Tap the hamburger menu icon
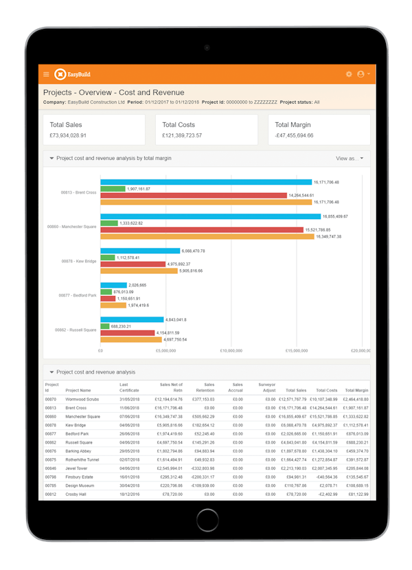click(x=46, y=74)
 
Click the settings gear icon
click(x=349, y=74)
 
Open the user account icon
click(x=361, y=74)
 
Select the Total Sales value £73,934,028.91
click(x=77, y=135)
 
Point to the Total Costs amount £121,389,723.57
click(x=182, y=135)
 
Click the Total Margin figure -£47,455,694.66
click(x=294, y=135)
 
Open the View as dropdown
click(x=350, y=159)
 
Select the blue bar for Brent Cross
click(x=206, y=182)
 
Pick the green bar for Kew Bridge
click(x=108, y=258)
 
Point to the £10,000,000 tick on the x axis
click(x=231, y=350)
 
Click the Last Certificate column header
click(x=129, y=387)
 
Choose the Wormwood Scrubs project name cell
click(x=83, y=399)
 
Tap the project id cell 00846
click(x=51, y=468)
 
